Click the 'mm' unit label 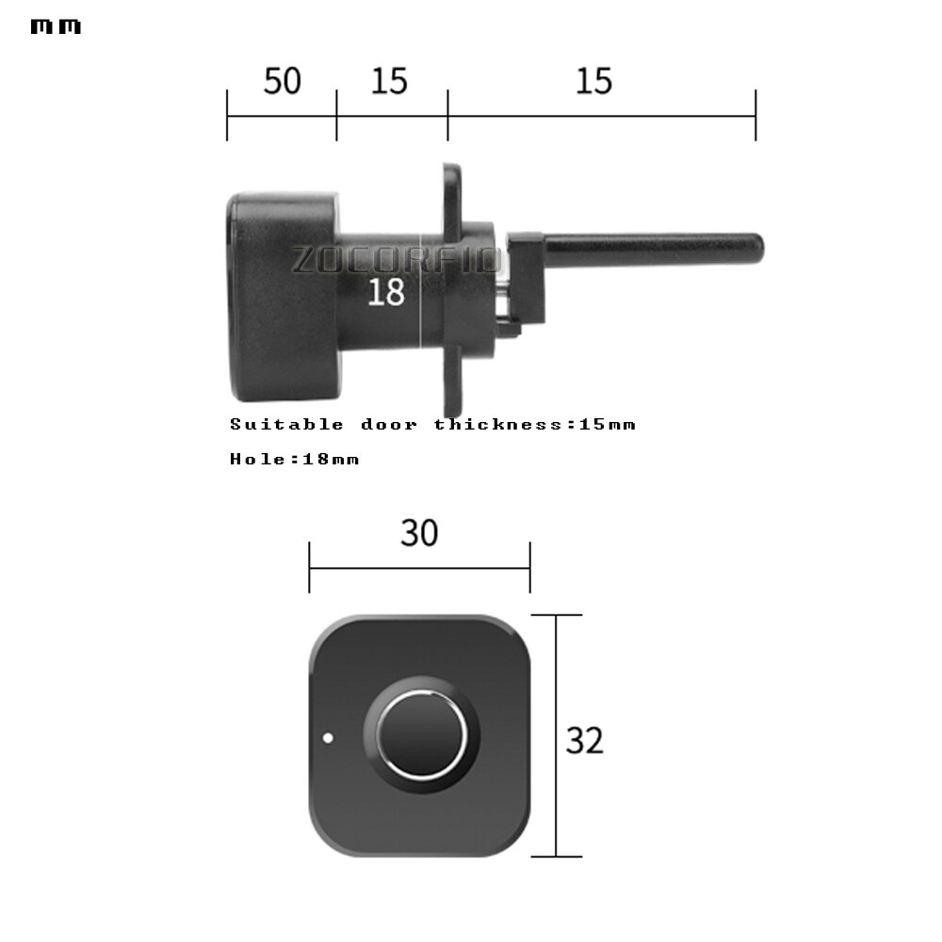(56, 26)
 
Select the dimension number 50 (282, 81)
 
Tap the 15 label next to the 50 (389, 81)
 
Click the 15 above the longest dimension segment (593, 81)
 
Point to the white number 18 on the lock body (385, 292)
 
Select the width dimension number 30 (419, 533)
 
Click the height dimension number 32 (584, 740)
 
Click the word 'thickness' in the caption (496, 424)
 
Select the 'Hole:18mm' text (294, 459)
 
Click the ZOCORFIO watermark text (396, 259)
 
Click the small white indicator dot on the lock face (327, 738)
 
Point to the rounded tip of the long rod (756, 249)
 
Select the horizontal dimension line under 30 (419, 568)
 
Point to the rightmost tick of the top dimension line (755, 116)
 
